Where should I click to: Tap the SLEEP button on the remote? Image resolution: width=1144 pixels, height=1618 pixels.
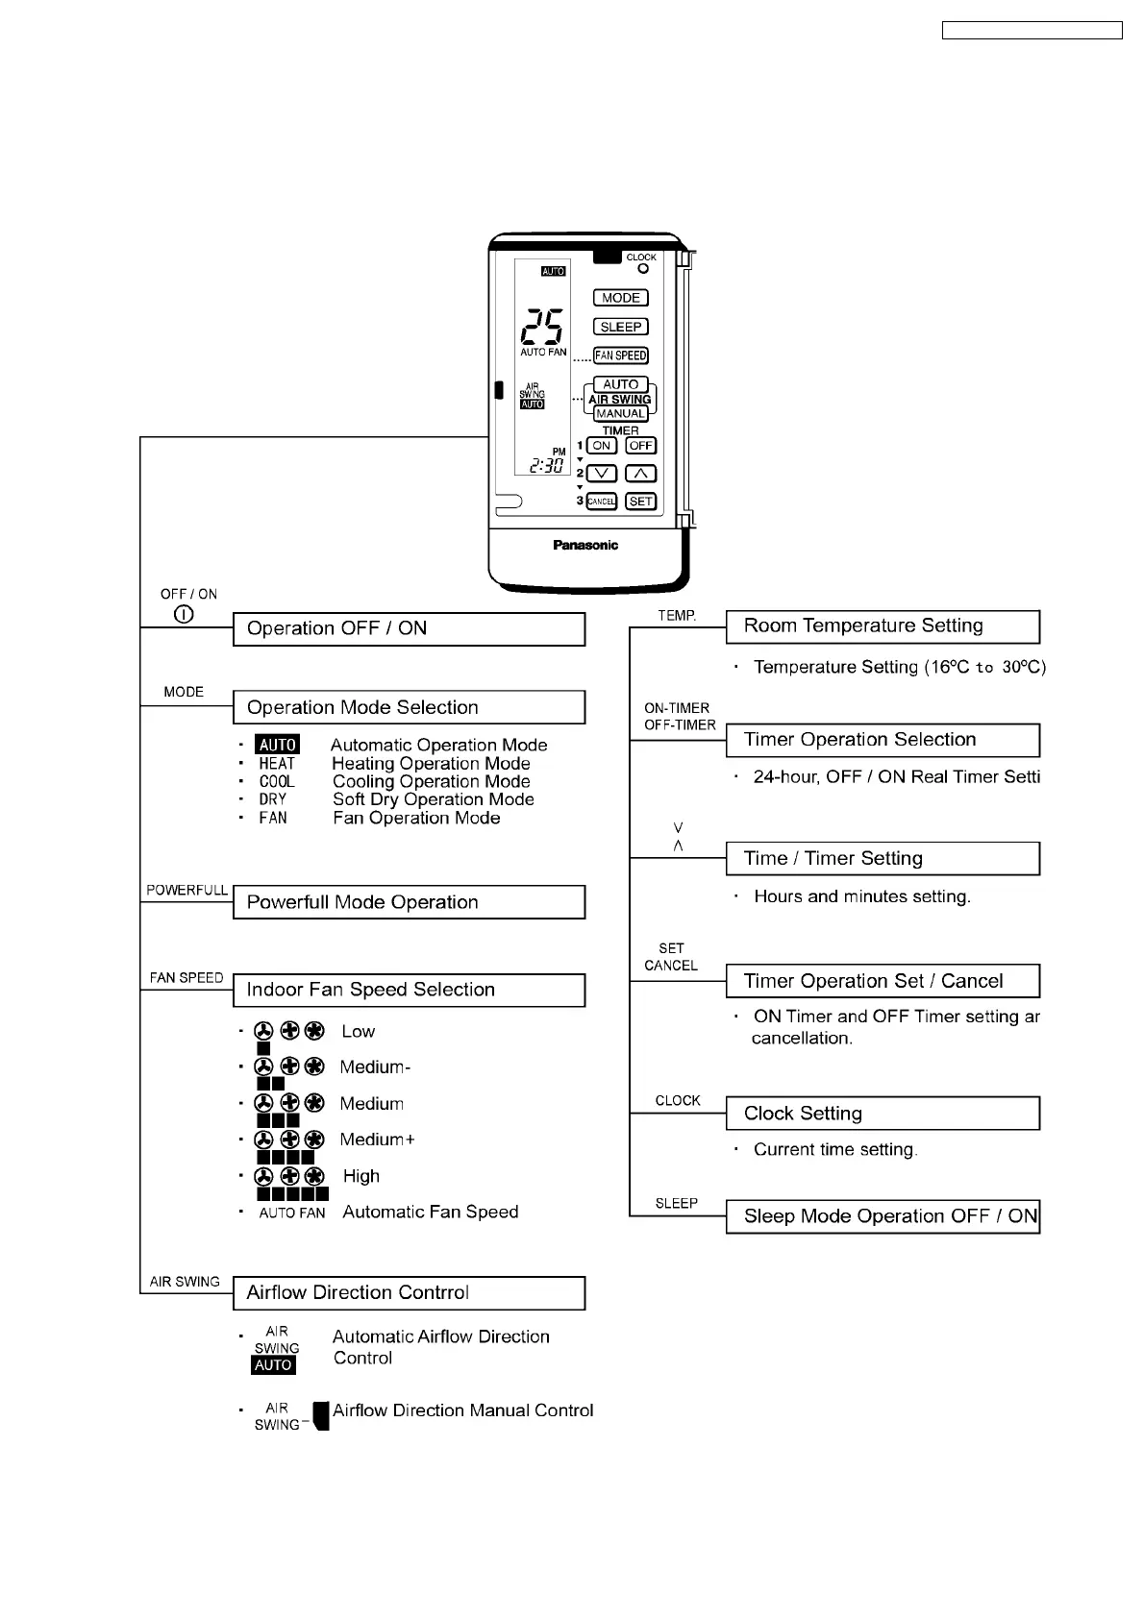click(x=620, y=327)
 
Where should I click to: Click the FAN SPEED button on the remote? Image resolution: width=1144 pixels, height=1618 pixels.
click(x=620, y=355)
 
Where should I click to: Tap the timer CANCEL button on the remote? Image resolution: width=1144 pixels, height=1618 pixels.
click(x=601, y=502)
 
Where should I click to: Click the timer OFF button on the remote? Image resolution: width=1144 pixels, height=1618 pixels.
click(x=640, y=446)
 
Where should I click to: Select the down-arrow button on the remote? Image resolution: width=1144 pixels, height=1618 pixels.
click(x=601, y=474)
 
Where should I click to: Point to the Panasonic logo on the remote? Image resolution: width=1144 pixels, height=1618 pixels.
click(x=585, y=545)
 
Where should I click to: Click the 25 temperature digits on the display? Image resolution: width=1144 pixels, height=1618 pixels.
click(x=542, y=328)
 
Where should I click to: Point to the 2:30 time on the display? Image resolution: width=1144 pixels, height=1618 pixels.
click(x=546, y=466)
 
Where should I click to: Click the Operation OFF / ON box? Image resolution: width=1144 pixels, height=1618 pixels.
click(x=409, y=629)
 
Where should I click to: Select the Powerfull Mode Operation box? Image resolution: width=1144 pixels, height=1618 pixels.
click(x=409, y=902)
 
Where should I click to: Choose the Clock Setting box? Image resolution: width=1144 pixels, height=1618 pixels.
click(x=883, y=1114)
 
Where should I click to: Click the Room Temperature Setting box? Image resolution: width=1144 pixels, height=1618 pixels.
click(x=883, y=626)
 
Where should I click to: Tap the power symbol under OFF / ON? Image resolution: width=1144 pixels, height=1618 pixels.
click(x=185, y=614)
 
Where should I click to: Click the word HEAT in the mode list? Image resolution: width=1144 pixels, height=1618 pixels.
click(x=277, y=764)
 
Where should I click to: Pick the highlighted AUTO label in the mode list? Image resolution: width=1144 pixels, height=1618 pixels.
click(x=278, y=745)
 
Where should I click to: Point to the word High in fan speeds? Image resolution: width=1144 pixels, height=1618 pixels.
click(x=361, y=1176)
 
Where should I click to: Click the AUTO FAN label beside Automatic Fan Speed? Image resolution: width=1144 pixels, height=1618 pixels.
click(x=292, y=1213)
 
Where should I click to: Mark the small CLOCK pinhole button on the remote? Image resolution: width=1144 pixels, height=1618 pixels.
click(x=643, y=269)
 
